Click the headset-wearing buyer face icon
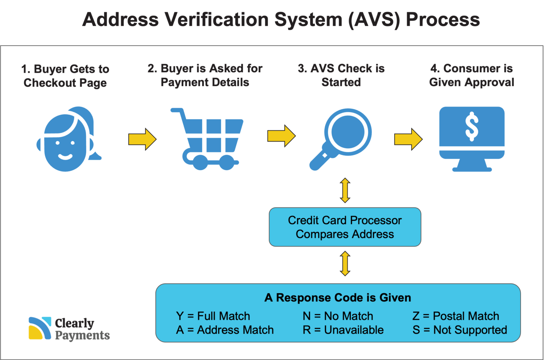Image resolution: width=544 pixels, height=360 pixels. [67, 140]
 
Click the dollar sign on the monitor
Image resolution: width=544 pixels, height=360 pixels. [471, 126]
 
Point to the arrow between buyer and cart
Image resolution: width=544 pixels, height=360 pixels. [142, 139]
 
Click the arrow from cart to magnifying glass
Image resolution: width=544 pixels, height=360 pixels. [281, 136]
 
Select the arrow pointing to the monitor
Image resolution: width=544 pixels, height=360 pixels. [408, 139]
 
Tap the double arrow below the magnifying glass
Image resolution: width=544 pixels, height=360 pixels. [345, 190]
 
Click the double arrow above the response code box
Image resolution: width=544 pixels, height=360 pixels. [345, 264]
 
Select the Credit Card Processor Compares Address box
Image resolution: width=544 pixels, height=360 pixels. [345, 227]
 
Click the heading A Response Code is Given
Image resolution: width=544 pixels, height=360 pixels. [338, 298]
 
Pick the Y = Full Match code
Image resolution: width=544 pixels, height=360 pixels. [213, 316]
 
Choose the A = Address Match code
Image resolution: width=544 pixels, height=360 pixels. [225, 330]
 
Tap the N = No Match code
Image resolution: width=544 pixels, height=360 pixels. [338, 316]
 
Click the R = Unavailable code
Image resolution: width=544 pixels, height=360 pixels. [343, 330]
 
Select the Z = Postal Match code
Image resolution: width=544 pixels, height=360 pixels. [455, 316]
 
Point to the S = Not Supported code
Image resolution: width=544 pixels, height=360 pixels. [460, 330]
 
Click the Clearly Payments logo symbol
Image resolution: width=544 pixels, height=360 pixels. [40, 328]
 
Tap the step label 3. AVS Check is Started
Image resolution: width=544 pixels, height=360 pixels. [341, 75]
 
